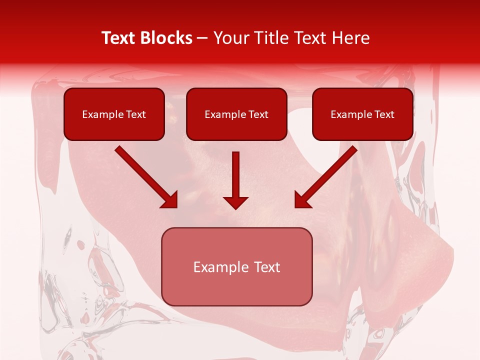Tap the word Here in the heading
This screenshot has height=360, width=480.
click(x=351, y=38)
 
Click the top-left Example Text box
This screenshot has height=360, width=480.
click(x=114, y=114)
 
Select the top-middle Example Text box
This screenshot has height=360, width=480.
click(x=236, y=114)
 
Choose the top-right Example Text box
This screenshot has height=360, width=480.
click(x=362, y=114)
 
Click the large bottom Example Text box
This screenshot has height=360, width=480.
click(x=236, y=266)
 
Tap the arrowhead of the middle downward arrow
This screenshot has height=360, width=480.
click(x=235, y=202)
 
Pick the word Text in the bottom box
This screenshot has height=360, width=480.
click(x=266, y=267)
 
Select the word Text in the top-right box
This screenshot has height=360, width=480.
click(x=383, y=114)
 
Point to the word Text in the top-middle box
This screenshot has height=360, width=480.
click(x=257, y=114)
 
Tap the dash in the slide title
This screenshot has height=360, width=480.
click(x=202, y=38)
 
